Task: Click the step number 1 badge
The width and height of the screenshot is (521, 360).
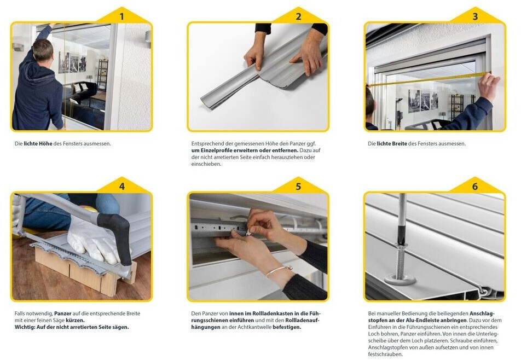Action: coord(121,16)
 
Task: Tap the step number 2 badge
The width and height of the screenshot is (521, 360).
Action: coord(298,16)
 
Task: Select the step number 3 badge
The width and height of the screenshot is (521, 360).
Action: coord(475,16)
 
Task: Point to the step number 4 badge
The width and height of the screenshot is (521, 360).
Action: coord(121,187)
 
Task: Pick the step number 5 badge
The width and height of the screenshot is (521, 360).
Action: coord(298,187)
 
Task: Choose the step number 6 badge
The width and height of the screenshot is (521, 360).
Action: coord(475,187)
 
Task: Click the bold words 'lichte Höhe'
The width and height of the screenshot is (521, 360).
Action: coord(38,144)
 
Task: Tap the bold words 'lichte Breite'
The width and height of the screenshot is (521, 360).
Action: coord(392,144)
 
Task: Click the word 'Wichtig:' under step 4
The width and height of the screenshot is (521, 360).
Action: coord(25,327)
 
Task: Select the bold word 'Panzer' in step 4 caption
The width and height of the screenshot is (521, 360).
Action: coord(63,313)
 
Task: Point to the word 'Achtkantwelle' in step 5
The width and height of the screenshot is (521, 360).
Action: coord(255,327)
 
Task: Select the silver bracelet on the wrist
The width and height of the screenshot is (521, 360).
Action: coord(279,271)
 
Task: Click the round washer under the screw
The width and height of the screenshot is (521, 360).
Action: coord(400,279)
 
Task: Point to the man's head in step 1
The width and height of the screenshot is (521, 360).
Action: coord(43,50)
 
